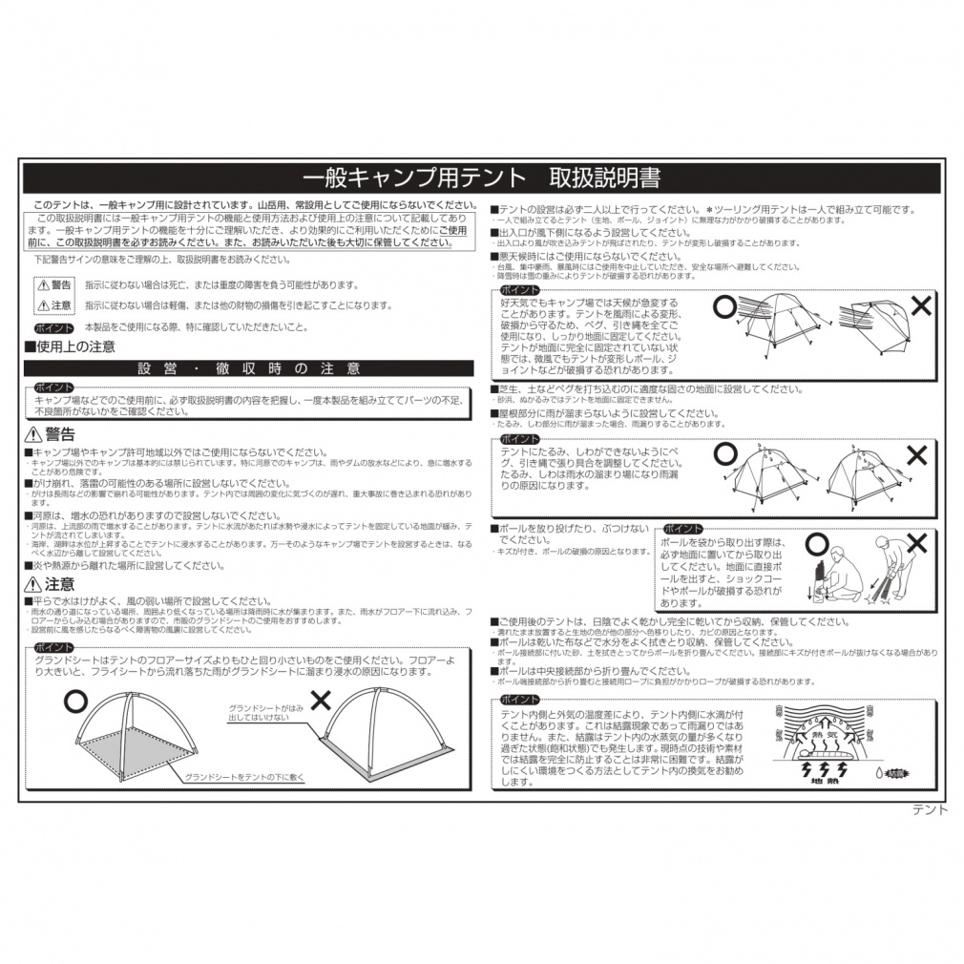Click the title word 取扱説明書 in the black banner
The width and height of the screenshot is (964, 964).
point(604,178)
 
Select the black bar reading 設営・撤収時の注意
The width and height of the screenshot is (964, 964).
point(248,368)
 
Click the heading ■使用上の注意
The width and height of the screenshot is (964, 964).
point(70,346)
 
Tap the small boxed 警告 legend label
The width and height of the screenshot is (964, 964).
point(55,285)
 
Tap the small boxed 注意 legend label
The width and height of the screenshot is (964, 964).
point(55,305)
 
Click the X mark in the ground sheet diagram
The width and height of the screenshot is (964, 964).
point(321,699)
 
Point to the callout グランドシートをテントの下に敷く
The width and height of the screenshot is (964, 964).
point(244,777)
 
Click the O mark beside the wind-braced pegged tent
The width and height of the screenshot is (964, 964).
point(725,306)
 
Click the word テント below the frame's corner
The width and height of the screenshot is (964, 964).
point(930,810)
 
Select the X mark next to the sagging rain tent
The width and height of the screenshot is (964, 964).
point(916,455)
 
